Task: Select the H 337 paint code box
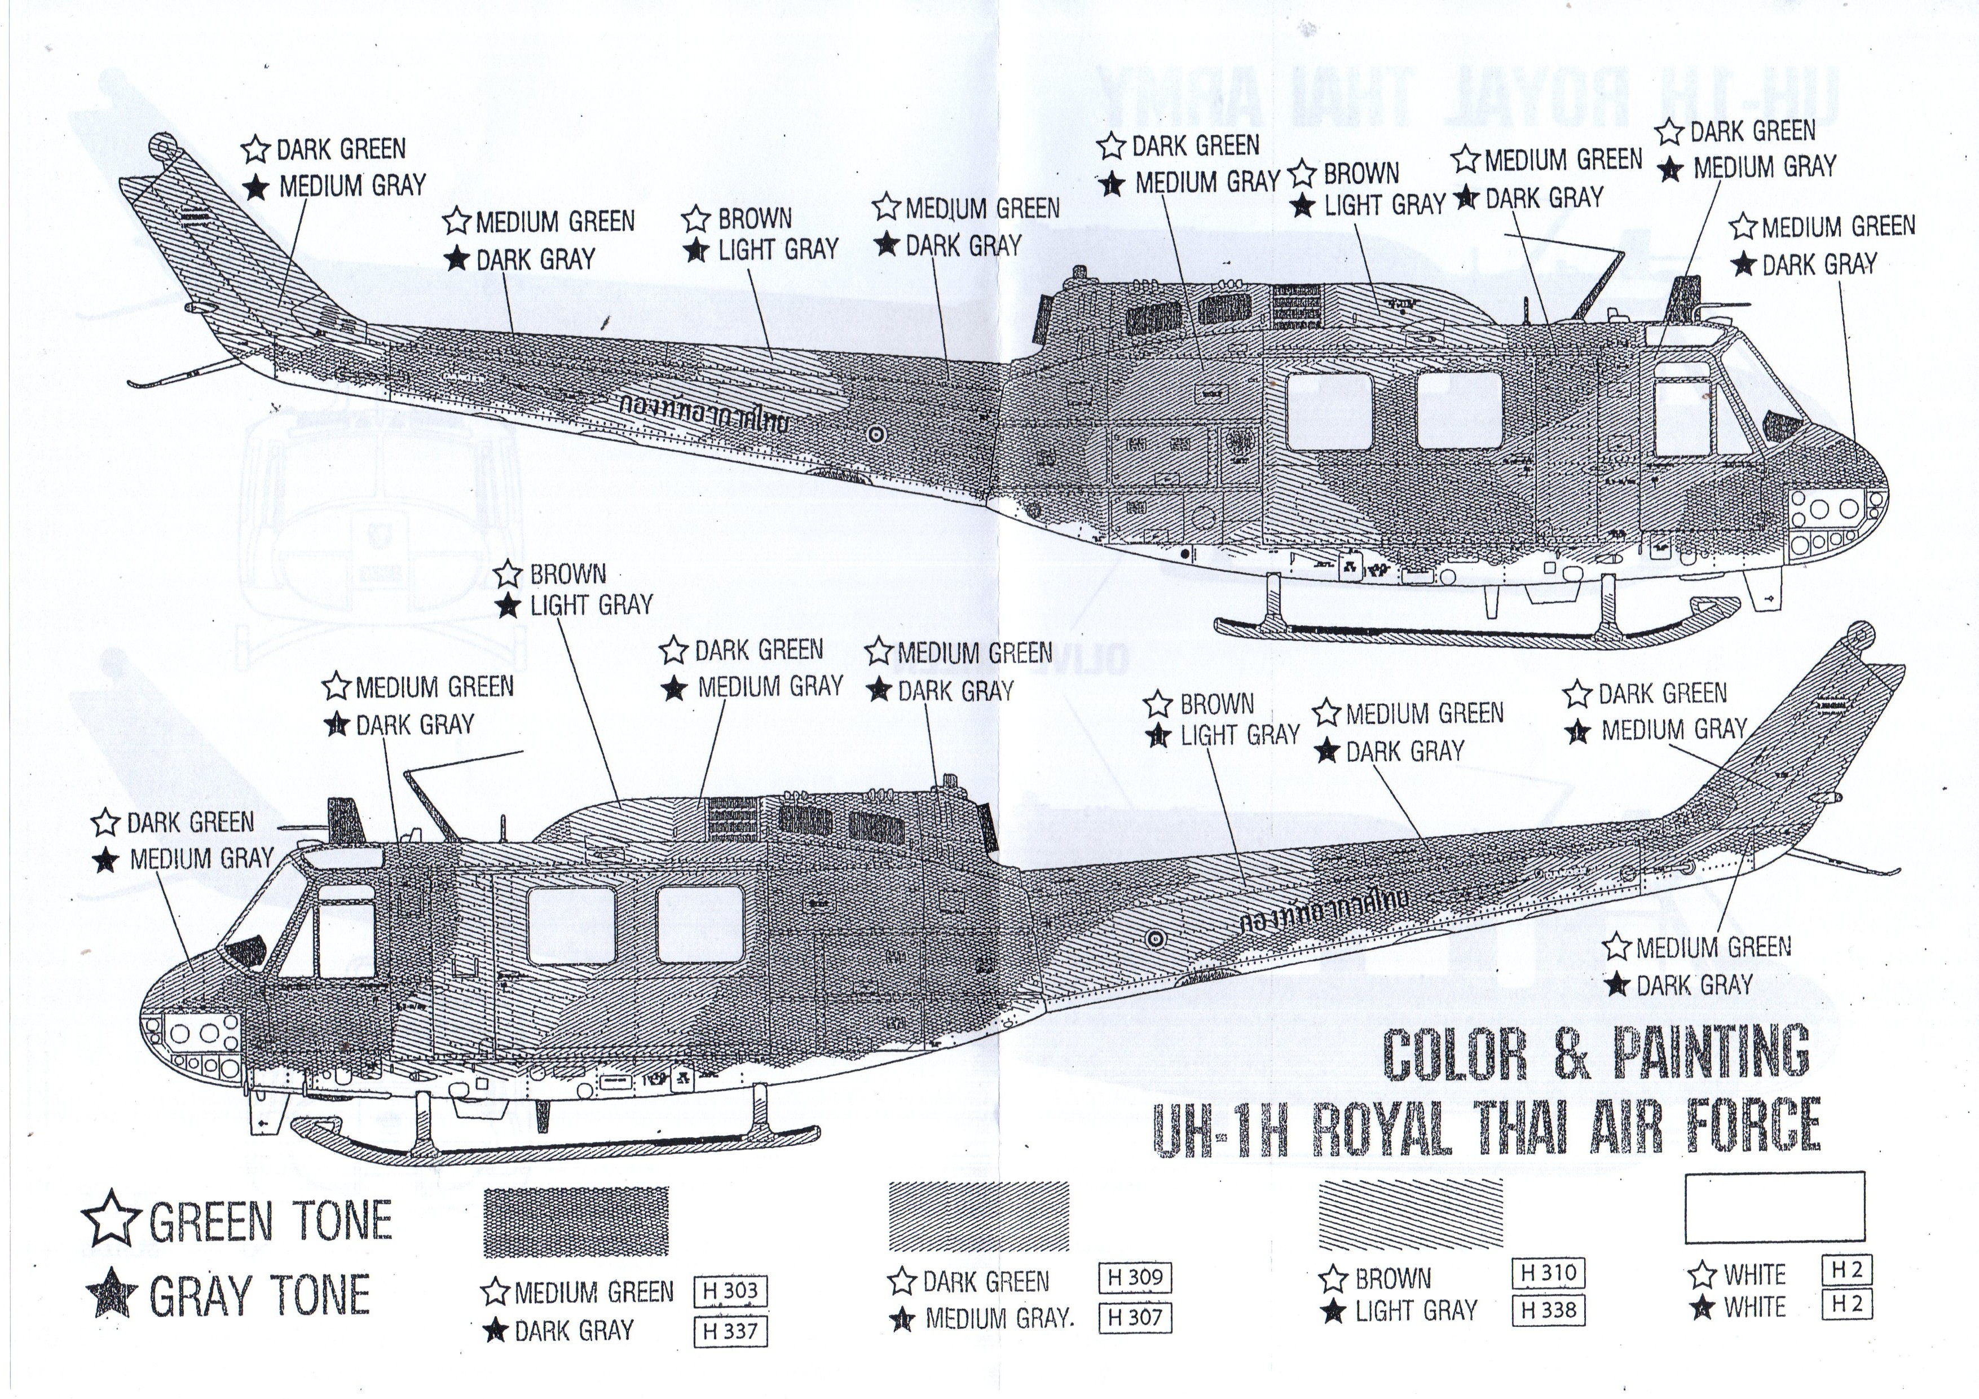pos(730,1331)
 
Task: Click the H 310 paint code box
pos(1549,1272)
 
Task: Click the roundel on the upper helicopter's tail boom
pos(876,435)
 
